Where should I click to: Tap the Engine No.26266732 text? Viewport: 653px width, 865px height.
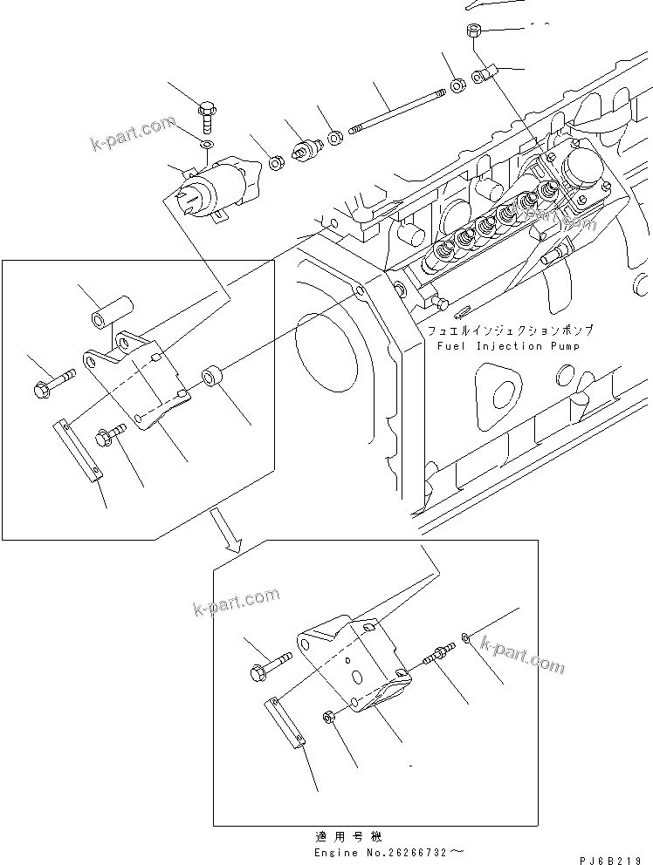(385, 849)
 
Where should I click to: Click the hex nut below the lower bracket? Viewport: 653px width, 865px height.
(328, 717)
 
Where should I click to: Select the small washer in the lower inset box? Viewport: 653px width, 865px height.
(470, 641)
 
